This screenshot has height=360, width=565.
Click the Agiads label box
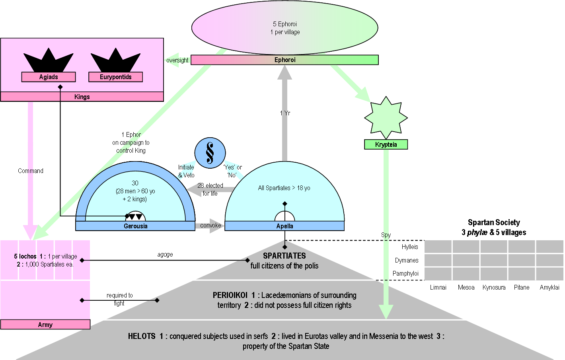(x=49, y=77)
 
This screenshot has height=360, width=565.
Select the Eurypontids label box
(x=115, y=77)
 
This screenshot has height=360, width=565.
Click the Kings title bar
(x=82, y=97)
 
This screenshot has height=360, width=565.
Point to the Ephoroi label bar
(x=285, y=60)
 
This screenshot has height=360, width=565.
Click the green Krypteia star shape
(x=386, y=117)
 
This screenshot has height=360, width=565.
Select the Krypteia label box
(x=386, y=145)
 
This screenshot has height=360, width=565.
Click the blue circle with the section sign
(x=210, y=153)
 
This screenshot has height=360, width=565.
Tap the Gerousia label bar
(x=135, y=226)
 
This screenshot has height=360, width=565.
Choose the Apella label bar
(x=284, y=226)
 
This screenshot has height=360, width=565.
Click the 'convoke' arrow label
(x=210, y=226)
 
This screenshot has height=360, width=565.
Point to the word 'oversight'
(x=177, y=60)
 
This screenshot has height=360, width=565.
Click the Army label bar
(x=45, y=325)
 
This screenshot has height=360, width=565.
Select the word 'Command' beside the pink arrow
(x=31, y=171)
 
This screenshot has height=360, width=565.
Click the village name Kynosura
(x=494, y=287)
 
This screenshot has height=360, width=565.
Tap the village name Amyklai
(x=549, y=287)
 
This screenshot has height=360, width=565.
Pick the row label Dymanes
(x=407, y=261)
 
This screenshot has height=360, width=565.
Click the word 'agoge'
(x=165, y=255)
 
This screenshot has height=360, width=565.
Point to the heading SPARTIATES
(x=284, y=256)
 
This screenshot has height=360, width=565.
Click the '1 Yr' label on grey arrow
(x=285, y=113)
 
